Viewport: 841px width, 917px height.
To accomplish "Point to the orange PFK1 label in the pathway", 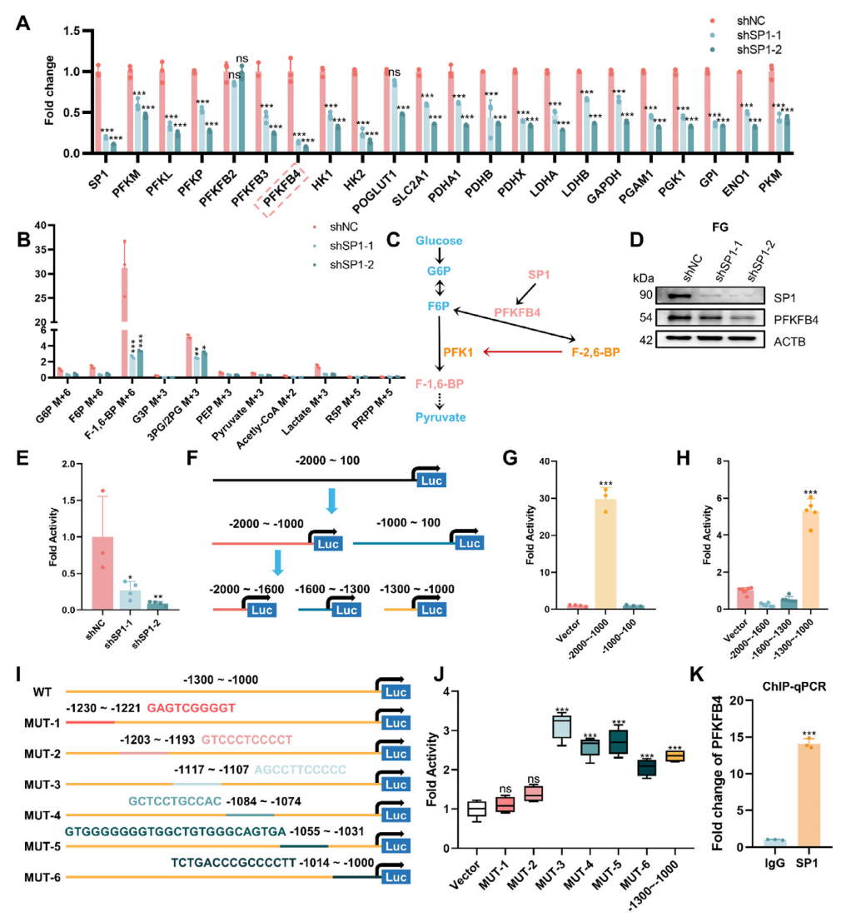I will coord(458,352).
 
